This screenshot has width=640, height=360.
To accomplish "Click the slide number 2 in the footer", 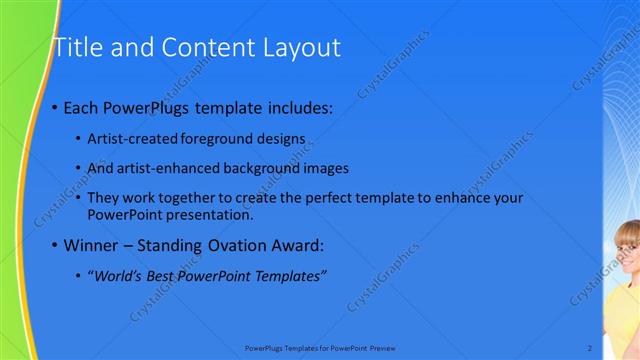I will [x=589, y=347].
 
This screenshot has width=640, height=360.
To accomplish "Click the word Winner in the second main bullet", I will [x=93, y=245].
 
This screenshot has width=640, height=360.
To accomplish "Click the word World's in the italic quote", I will [x=116, y=275].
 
